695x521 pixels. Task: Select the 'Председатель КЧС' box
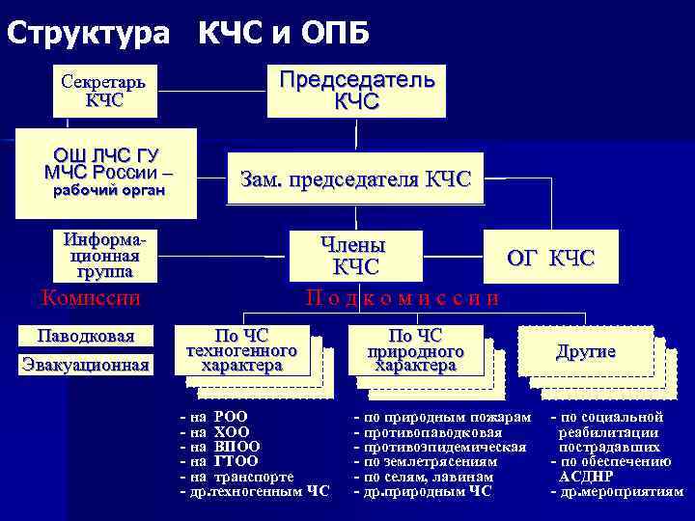(356, 90)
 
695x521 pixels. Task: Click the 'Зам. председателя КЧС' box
(355, 178)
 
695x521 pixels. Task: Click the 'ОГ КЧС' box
(551, 258)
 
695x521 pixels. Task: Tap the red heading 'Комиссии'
(91, 297)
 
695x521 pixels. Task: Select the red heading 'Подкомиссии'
(403, 297)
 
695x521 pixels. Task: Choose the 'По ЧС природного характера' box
(415, 350)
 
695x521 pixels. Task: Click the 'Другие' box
(585, 351)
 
